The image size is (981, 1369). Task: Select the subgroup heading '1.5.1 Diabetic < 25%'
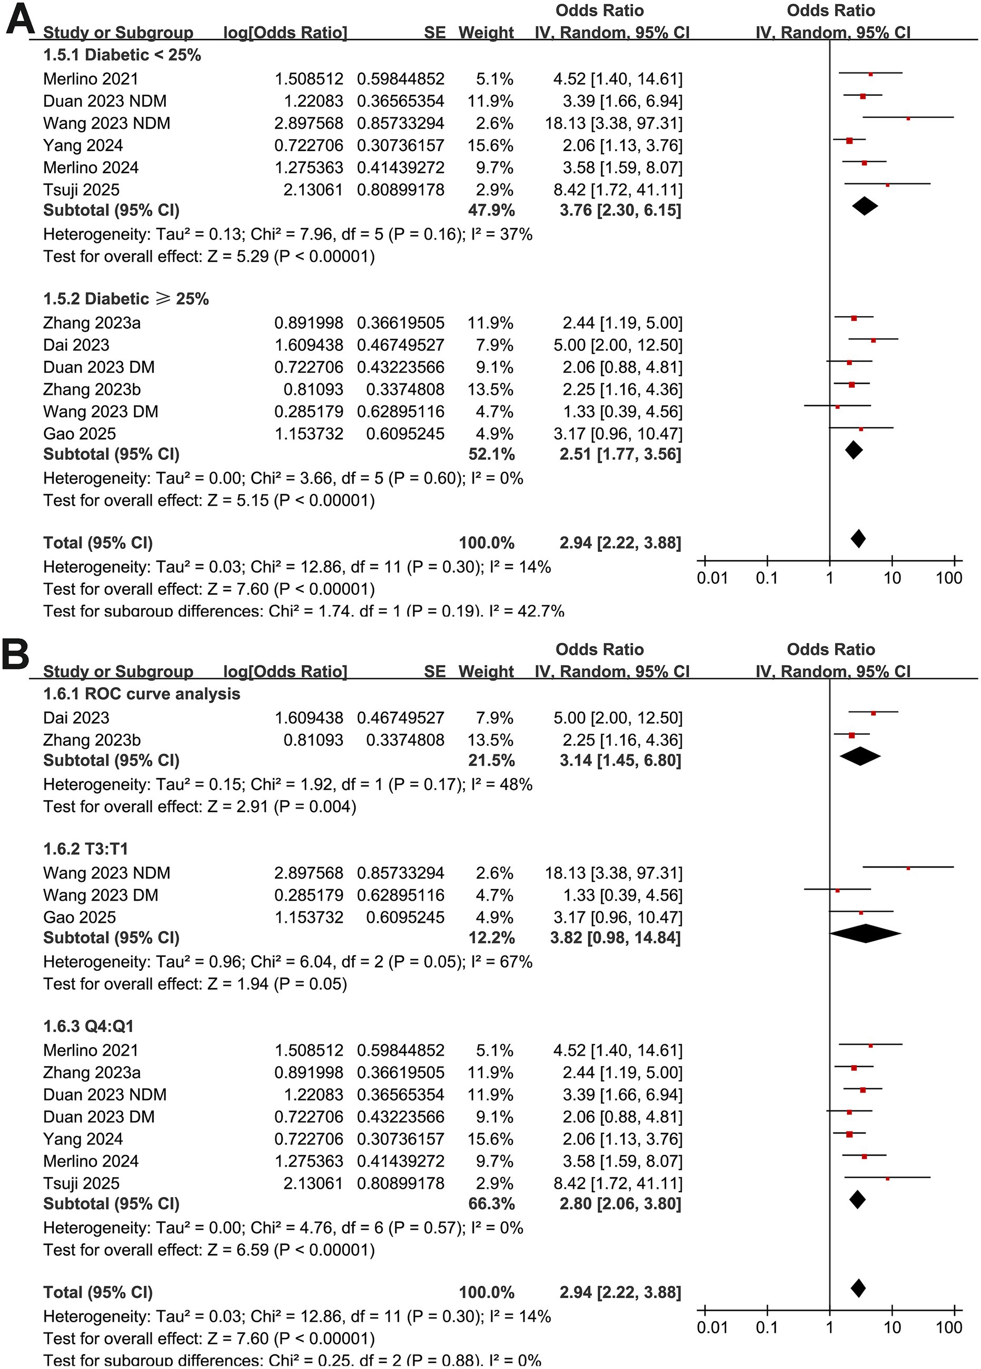[122, 55]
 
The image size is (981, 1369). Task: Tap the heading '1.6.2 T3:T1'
[86, 849]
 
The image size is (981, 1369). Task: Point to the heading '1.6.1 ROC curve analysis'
[142, 694]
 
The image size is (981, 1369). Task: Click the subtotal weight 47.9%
[492, 211]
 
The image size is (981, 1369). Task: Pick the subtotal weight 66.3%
[492, 1204]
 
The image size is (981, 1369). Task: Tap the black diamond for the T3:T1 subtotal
[865, 934]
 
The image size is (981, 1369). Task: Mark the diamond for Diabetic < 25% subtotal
[865, 206]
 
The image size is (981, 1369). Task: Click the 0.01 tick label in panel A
[712, 578]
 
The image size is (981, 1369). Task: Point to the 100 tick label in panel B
[949, 1328]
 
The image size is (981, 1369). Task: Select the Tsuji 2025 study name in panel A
[82, 190]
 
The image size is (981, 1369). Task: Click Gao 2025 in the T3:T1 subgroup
[80, 918]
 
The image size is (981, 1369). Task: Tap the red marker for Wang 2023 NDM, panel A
[908, 119]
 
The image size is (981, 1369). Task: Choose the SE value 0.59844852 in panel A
[401, 79]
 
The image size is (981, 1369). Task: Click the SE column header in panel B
[434, 671]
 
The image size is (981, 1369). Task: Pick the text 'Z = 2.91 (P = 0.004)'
[282, 806]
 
